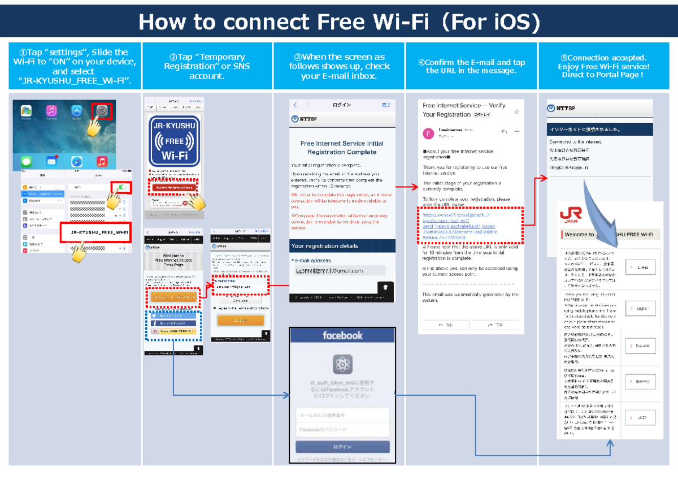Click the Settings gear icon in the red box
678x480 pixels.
coord(102,111)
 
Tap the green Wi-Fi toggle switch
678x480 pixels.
coord(122,188)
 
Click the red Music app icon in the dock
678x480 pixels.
coord(102,162)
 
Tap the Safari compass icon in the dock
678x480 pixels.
coord(76,162)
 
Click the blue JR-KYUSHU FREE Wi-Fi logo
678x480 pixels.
coord(174,141)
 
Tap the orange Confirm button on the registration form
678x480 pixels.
coord(240,320)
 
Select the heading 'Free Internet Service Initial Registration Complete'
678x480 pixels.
coord(341,148)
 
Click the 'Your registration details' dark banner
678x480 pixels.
coord(341,246)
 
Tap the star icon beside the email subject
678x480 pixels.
coord(516,112)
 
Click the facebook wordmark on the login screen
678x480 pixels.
coord(342,336)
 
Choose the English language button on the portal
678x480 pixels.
coord(640,309)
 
